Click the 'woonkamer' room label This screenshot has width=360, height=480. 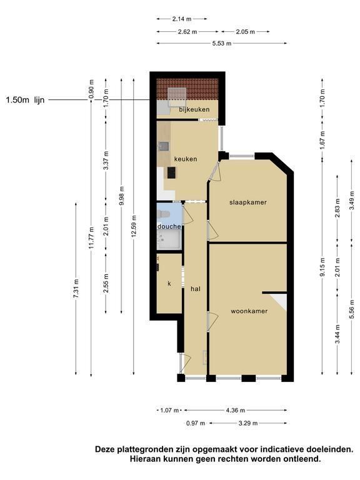tap(249, 311)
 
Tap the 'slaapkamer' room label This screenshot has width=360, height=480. tap(248, 202)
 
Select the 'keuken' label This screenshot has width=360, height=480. tap(186, 159)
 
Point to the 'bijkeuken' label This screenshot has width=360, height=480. tap(194, 109)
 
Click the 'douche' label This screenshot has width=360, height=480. tap(169, 226)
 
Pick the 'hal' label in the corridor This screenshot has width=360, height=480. tap(195, 289)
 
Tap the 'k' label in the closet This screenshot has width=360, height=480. tap(169, 284)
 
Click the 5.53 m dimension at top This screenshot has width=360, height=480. tap(222, 44)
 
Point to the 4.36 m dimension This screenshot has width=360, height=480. tap(236, 410)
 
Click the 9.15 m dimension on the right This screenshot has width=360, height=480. tap(322, 267)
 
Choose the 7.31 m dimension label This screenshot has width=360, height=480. tap(76, 288)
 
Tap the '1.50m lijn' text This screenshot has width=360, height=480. tap(25, 100)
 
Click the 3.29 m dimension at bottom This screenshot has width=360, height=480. tap(248, 423)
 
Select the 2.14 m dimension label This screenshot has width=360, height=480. tap(181, 19)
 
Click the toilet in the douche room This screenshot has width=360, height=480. tap(163, 214)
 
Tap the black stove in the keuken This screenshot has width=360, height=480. tap(171, 173)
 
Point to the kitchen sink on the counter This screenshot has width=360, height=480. tap(163, 146)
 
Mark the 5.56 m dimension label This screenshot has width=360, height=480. tap(351, 309)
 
